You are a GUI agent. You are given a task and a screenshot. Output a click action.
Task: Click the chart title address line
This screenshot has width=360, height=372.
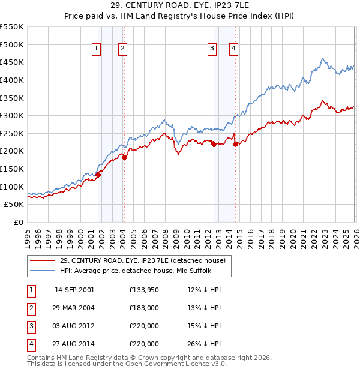pyautogui.click(x=179, y=7)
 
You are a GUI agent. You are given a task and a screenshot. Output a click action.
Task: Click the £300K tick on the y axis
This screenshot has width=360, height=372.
pyautogui.click(x=12, y=115)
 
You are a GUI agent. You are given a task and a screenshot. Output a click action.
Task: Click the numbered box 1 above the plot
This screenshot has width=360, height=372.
pyautogui.click(x=96, y=49)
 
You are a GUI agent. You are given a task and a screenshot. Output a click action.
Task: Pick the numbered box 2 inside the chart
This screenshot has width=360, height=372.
pyautogui.click(x=122, y=49)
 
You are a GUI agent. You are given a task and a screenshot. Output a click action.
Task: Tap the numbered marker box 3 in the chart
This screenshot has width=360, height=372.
pyautogui.click(x=212, y=49)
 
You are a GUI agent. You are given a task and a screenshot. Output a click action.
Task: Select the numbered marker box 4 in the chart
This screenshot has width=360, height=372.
pyautogui.click(x=233, y=49)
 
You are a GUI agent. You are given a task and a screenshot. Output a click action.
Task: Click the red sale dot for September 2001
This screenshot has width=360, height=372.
pyautogui.click(x=98, y=174)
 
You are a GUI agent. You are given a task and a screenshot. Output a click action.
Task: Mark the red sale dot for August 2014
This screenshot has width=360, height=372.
pyautogui.click(x=235, y=143)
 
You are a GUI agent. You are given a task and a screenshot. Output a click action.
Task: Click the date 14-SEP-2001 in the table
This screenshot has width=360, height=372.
pyautogui.click(x=74, y=290)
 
